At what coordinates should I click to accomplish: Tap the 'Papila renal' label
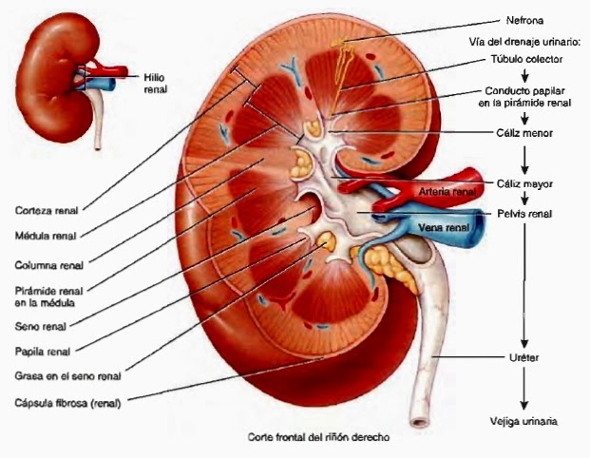(x=39, y=349)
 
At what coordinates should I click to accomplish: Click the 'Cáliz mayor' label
(x=524, y=182)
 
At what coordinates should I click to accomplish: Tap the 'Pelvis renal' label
(x=523, y=214)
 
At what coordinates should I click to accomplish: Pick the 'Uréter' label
(x=523, y=356)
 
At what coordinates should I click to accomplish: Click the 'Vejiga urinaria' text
(x=522, y=421)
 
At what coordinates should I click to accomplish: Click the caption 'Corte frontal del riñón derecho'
(x=319, y=439)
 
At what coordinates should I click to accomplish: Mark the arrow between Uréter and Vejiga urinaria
(x=523, y=388)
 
